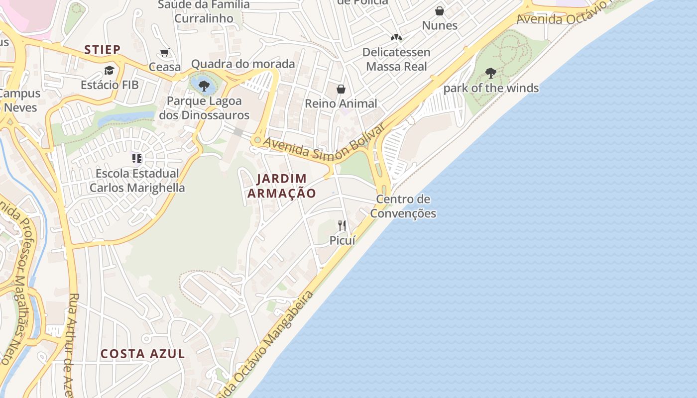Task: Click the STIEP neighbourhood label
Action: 102,49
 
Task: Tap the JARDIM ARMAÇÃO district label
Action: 282,186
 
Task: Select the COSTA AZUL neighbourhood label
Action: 143,354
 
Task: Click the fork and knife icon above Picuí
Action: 342,226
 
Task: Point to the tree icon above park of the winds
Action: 491,74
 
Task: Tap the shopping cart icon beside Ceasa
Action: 165,53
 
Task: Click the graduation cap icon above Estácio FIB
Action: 109,70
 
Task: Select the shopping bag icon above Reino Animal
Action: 341,89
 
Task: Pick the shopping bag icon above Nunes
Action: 440,11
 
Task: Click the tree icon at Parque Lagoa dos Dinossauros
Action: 204,86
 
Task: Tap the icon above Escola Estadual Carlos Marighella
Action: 137,159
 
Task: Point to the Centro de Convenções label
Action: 403,206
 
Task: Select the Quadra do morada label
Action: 243,64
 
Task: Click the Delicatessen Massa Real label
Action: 396,59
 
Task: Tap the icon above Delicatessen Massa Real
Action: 396,37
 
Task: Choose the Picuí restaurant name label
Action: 343,240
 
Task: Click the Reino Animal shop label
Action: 341,103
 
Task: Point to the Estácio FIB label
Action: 110,85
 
